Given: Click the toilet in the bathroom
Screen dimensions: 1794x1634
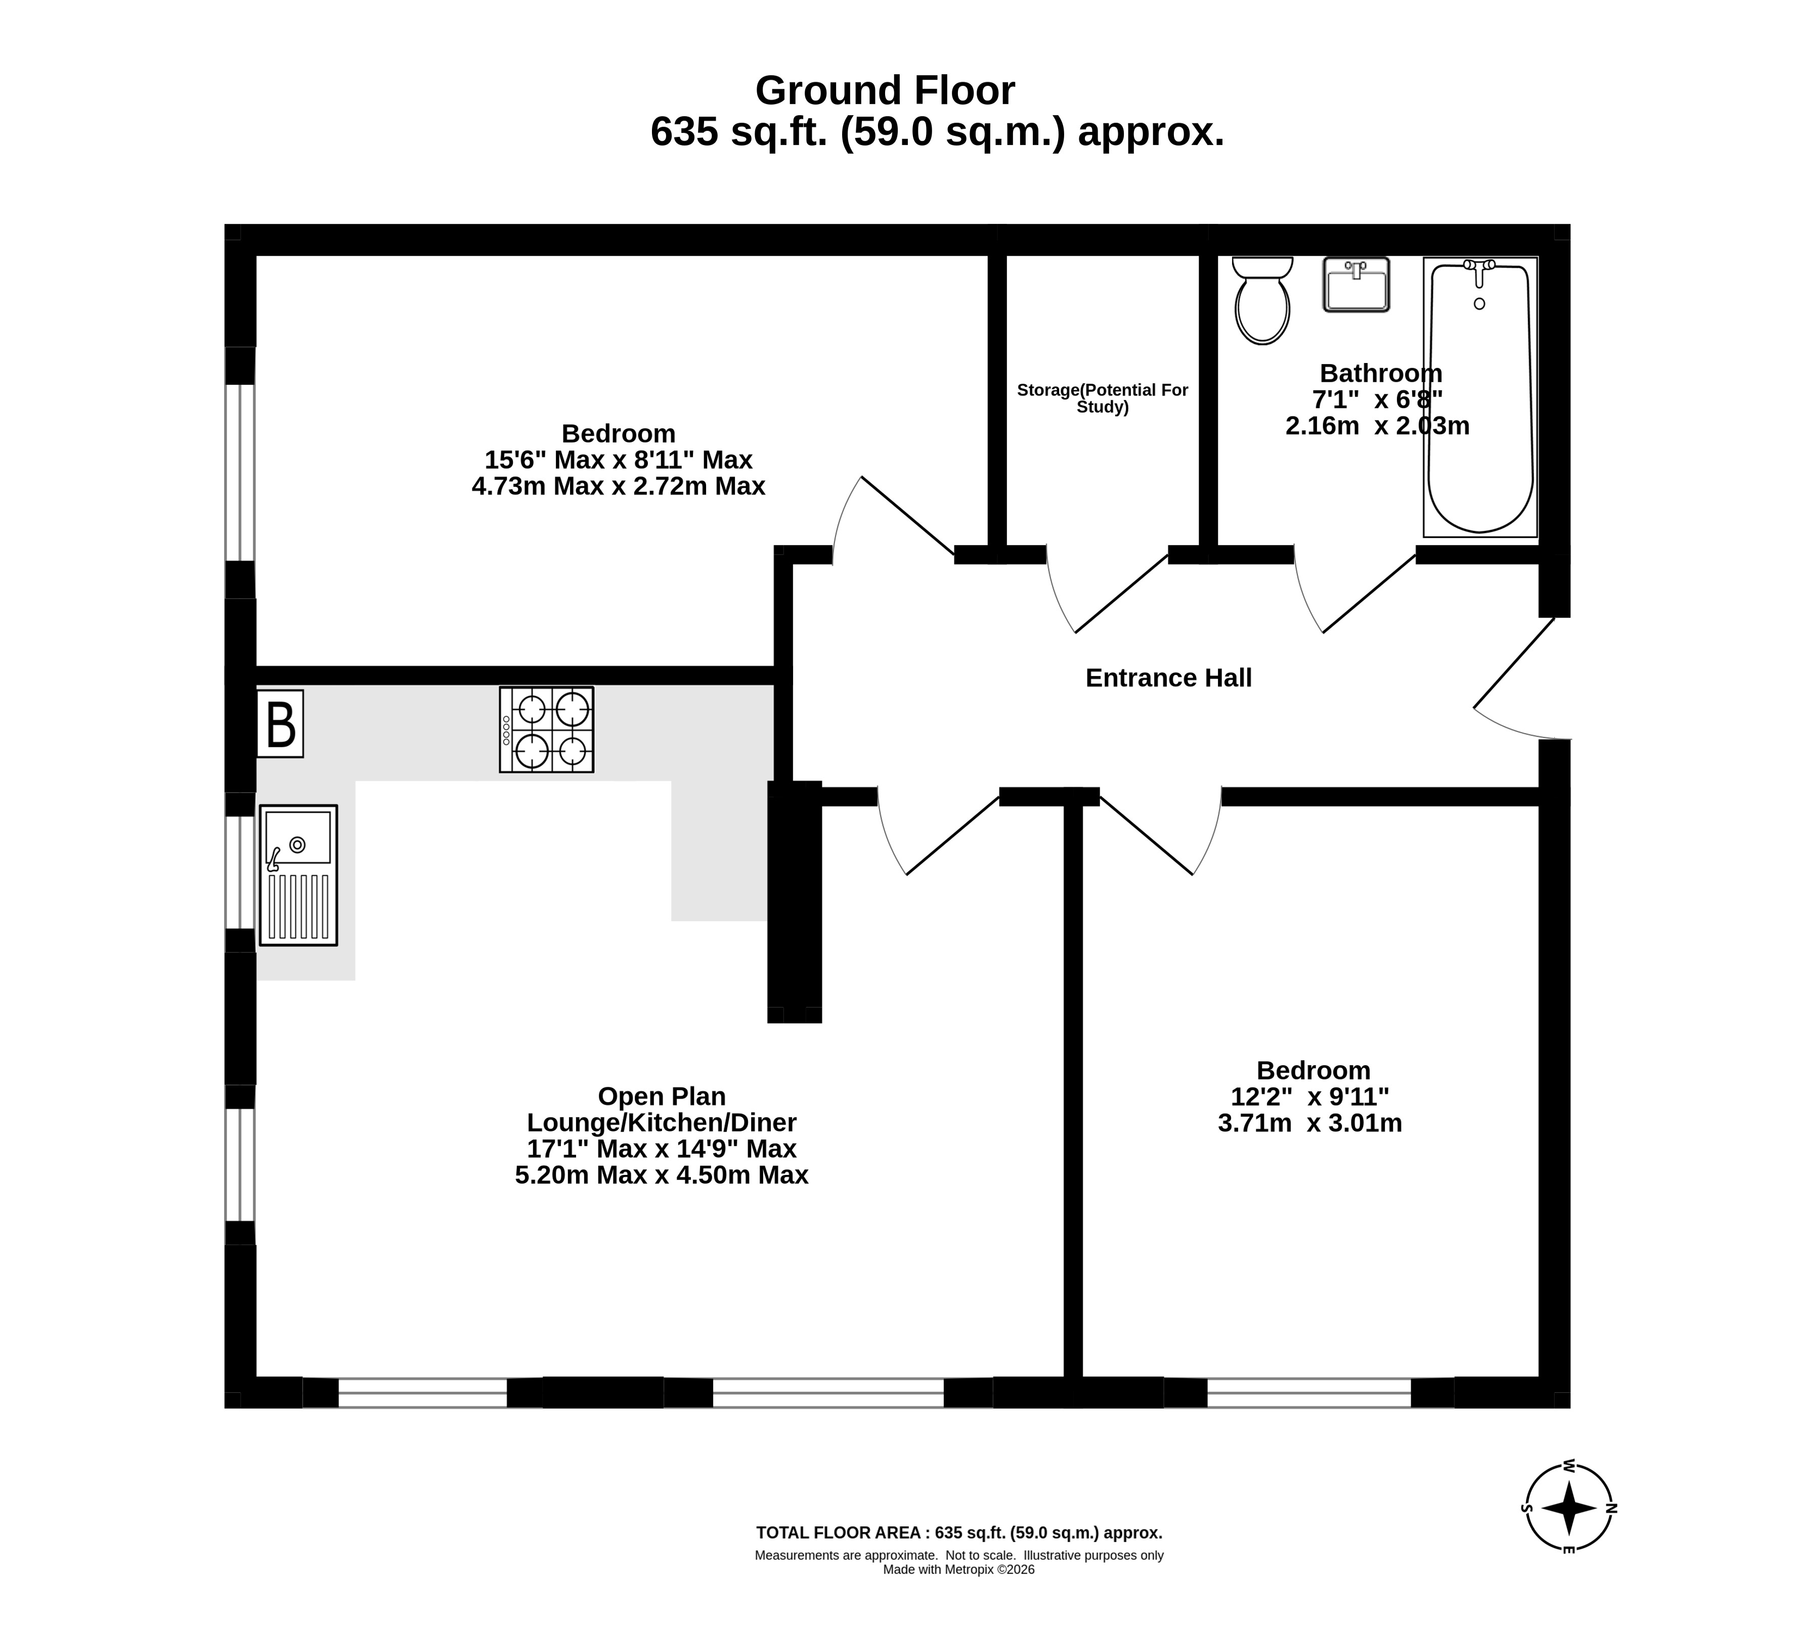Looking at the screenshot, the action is (x=1262, y=300).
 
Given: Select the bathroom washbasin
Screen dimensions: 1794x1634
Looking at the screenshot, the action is (x=1356, y=285).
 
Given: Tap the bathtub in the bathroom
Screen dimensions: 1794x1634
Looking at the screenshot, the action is (x=1481, y=397).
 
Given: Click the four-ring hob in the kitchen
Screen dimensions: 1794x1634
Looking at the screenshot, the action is (x=546, y=730).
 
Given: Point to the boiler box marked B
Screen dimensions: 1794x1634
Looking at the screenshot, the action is (x=280, y=724).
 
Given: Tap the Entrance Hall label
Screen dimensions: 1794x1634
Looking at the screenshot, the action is (x=1168, y=678).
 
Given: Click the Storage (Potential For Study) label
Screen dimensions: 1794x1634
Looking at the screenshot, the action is (x=1103, y=398).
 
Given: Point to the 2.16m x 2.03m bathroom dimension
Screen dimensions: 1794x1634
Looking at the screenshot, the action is (x=1378, y=426).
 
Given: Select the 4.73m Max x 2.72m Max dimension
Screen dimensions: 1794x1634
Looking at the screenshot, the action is (x=619, y=486).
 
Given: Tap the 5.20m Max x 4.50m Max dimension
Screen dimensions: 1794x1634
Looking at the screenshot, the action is (x=661, y=1175).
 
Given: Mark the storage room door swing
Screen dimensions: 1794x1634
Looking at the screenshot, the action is (x=1106, y=592).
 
